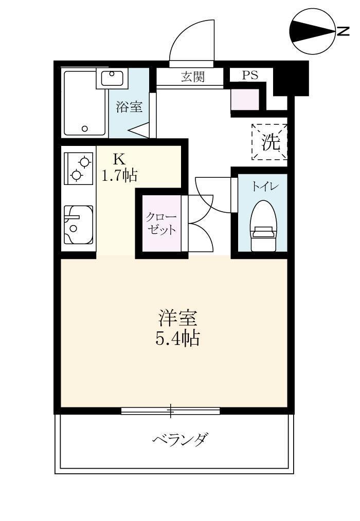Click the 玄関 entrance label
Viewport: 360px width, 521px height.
[193, 77]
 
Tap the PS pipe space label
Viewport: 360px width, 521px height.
[250, 75]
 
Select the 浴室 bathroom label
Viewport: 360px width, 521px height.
[129, 107]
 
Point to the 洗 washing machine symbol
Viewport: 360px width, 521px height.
[269, 142]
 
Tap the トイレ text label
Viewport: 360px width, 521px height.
[263, 187]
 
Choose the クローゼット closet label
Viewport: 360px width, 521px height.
[159, 223]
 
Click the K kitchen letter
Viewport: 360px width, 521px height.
[119, 158]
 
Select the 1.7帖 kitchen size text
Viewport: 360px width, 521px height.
[119, 176]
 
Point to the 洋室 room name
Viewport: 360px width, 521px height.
[177, 319]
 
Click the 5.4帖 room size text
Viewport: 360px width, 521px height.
[177, 339]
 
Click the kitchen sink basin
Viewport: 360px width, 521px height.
[78, 225]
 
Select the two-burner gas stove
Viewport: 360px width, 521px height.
[78, 168]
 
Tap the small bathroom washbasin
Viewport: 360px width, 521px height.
[112, 79]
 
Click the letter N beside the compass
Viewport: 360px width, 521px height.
[343, 31]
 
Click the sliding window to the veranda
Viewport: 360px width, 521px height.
[171, 411]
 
